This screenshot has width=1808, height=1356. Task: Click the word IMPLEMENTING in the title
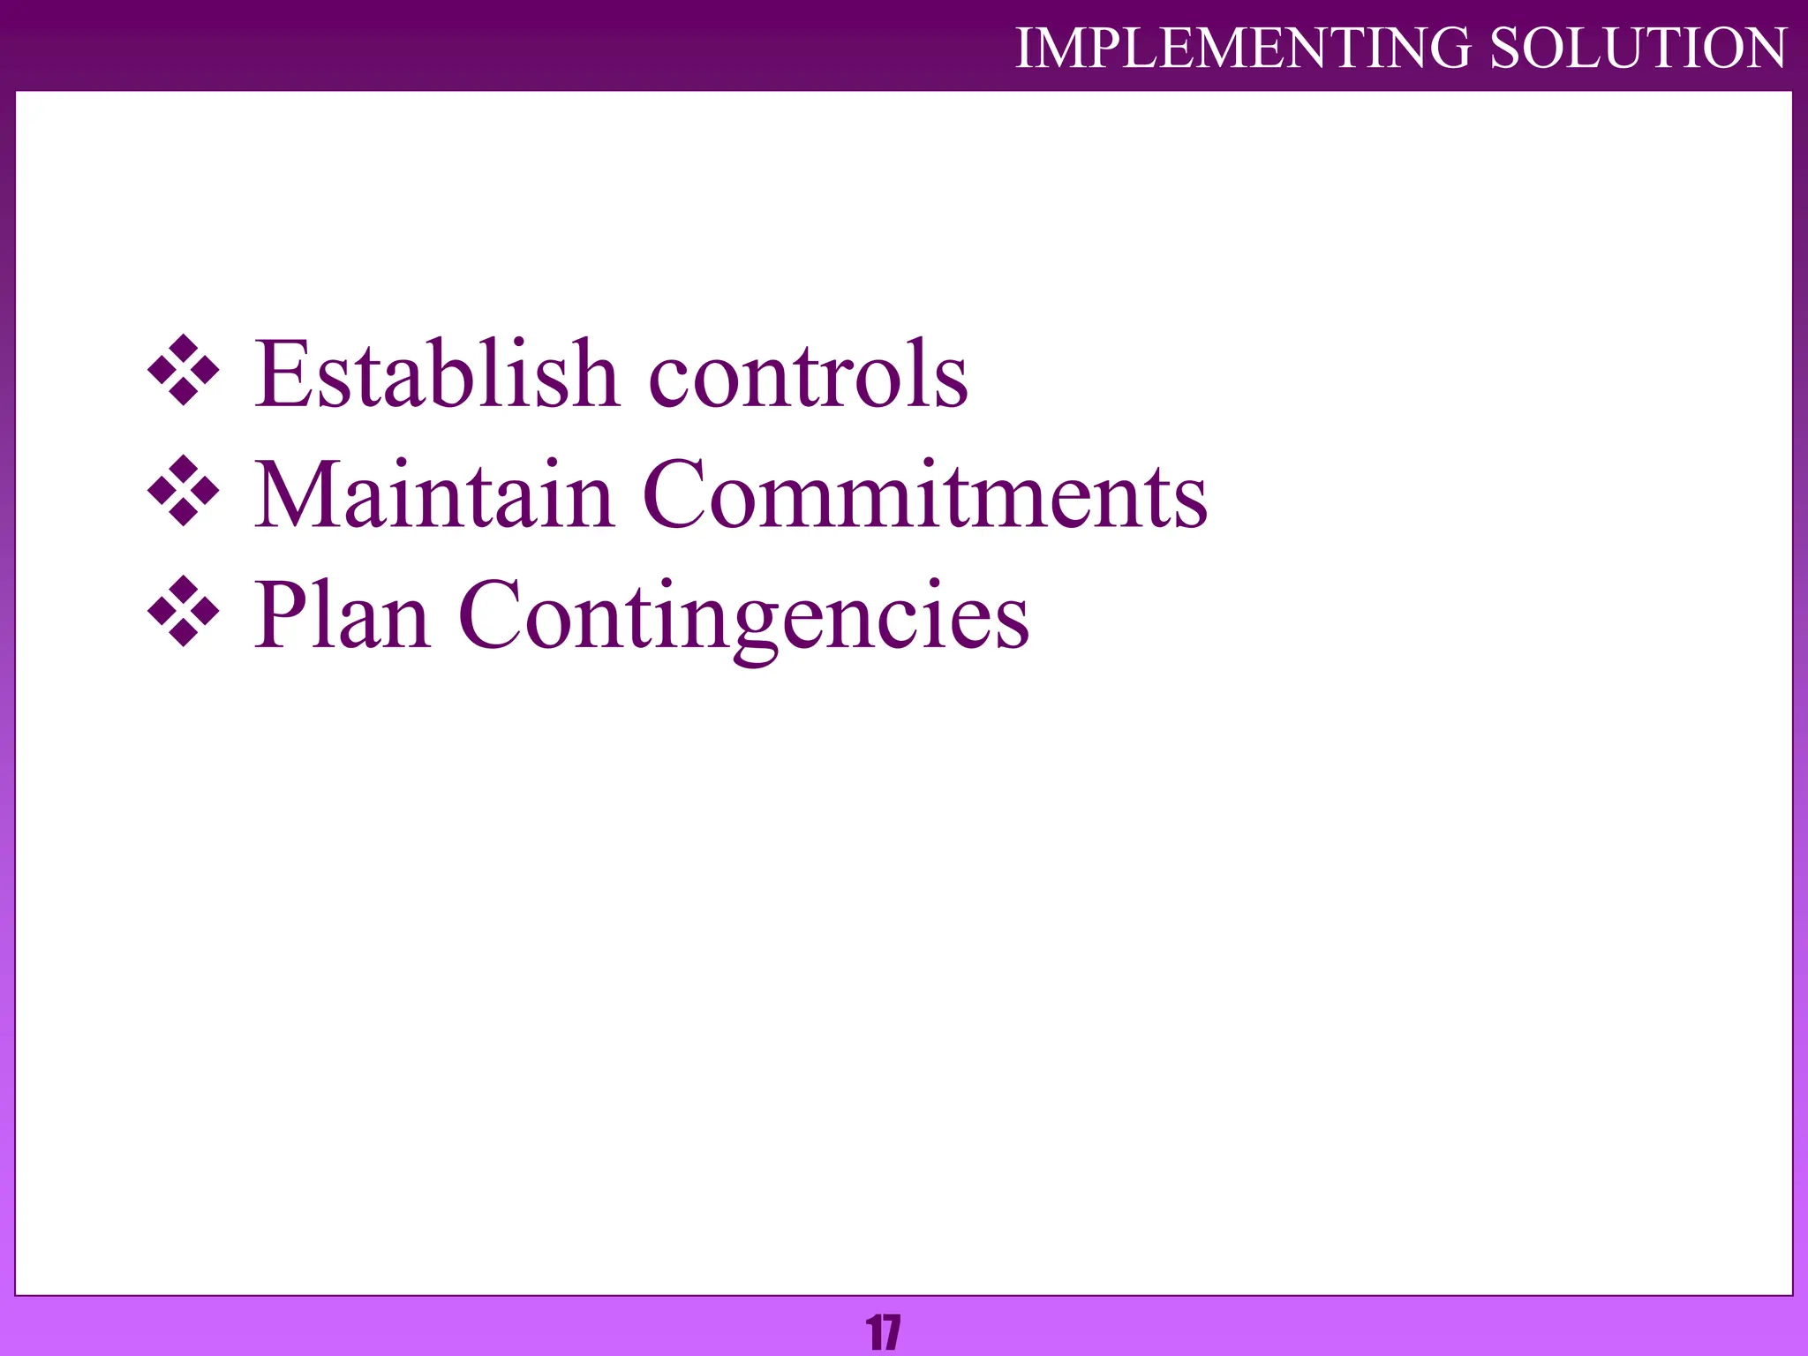pyautogui.click(x=1243, y=48)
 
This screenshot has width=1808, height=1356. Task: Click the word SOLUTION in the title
pyautogui.click(x=1638, y=48)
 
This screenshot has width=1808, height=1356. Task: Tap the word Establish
pyautogui.click(x=436, y=374)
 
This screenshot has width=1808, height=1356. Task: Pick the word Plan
pyautogui.click(x=343, y=614)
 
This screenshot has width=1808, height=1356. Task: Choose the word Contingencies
pyautogui.click(x=743, y=616)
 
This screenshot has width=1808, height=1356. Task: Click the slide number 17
pyautogui.click(x=884, y=1333)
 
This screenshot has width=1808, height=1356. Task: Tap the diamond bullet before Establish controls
pyautogui.click(x=184, y=371)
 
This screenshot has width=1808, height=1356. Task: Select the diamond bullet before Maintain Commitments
pyautogui.click(x=184, y=491)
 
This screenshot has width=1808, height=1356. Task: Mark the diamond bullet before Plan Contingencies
pyautogui.click(x=184, y=611)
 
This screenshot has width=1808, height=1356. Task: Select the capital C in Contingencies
pyautogui.click(x=493, y=614)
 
